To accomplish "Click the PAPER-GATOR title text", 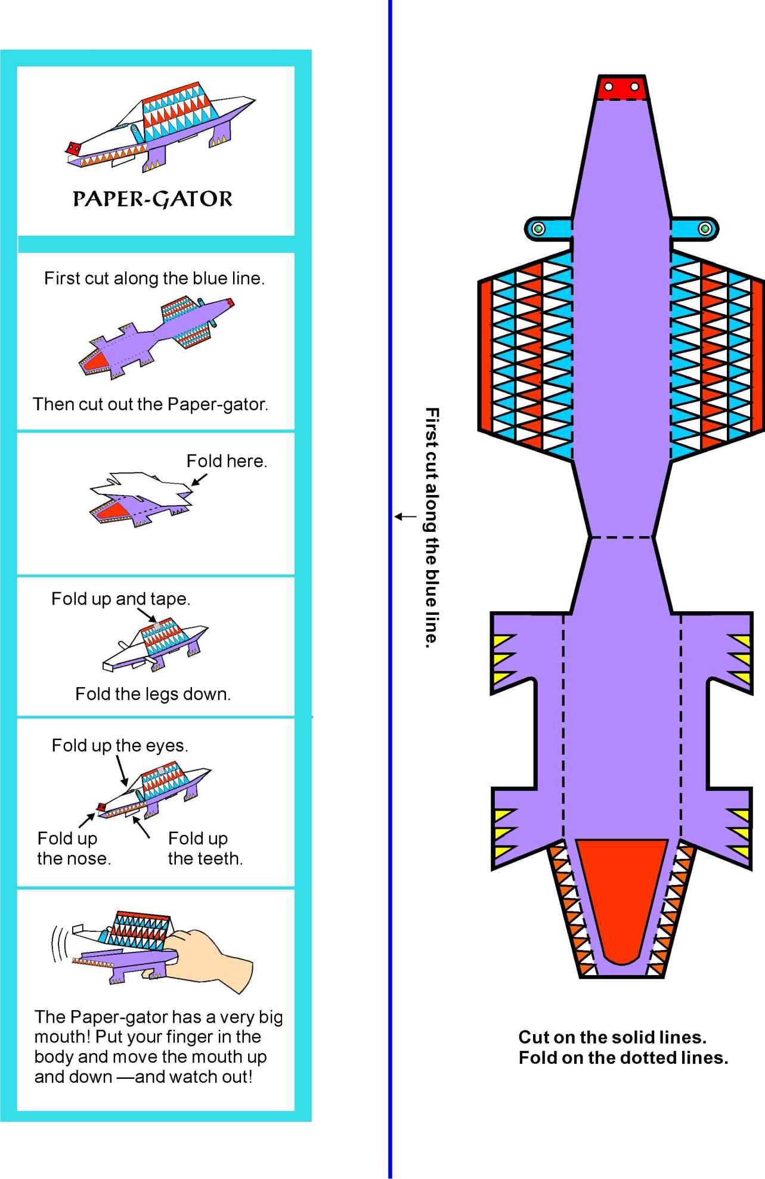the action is pyautogui.click(x=153, y=199).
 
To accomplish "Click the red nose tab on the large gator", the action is pyautogui.click(x=621, y=86).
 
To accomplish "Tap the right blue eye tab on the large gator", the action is pyautogui.click(x=695, y=228).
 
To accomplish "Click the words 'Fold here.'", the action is pyautogui.click(x=227, y=461).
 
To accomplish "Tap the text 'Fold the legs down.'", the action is pyautogui.click(x=153, y=694).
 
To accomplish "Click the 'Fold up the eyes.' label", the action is pyautogui.click(x=120, y=745).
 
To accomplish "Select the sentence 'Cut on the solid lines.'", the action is pyautogui.click(x=612, y=1037).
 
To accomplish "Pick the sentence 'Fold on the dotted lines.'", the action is pyautogui.click(x=623, y=1057).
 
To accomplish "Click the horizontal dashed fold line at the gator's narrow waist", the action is pyautogui.click(x=621, y=537).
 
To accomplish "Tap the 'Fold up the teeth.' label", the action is pyautogui.click(x=205, y=849).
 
